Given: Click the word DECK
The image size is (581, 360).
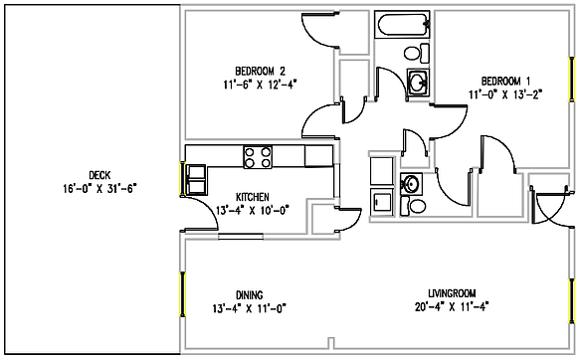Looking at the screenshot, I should pos(97,173).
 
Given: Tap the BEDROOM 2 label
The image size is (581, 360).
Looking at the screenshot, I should pos(260,70).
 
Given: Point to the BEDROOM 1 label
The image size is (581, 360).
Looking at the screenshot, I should pos(505,81).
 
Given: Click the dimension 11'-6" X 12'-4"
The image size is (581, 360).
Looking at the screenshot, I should pos(260,84).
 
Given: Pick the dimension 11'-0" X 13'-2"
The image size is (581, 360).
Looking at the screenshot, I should pos(505,94).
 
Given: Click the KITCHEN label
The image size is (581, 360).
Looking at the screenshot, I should pos(255,196).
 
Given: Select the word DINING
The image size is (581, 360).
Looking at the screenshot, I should pos(249,293).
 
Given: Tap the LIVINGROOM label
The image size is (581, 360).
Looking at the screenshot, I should pos(452,292).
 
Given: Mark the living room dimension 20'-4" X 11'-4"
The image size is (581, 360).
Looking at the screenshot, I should pos(452,306).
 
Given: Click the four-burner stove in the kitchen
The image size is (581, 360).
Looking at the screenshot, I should pos(259,155).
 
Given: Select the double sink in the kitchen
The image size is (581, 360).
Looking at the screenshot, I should pos(195,177).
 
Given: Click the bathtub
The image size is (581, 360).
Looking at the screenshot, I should pos(403,25).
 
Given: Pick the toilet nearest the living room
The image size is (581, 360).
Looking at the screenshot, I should pos(416,206).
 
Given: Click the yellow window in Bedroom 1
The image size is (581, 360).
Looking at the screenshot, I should pos(573,86).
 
